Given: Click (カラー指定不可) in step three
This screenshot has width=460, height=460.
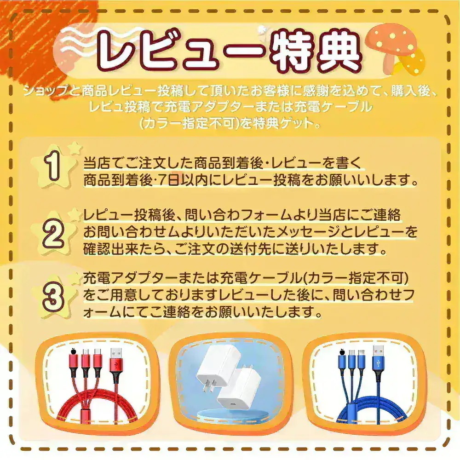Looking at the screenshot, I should click(x=357, y=279).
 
